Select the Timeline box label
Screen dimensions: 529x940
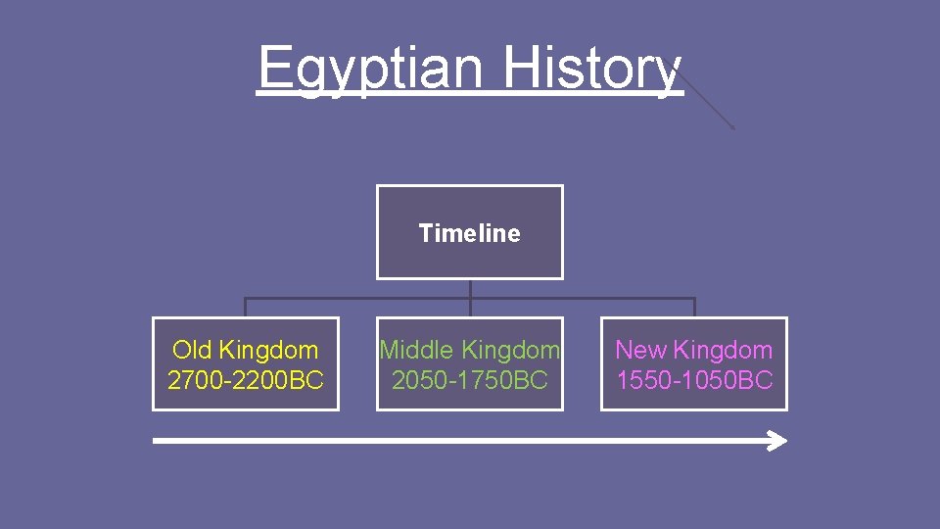[x=470, y=233]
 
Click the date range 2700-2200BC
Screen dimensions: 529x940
[x=246, y=380]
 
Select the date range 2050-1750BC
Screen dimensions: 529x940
[x=470, y=380]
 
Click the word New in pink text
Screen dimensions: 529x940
[x=638, y=350]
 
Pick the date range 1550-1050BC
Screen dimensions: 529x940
[x=694, y=380]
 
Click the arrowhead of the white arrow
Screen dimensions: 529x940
[x=777, y=441]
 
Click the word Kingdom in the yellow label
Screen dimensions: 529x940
[x=269, y=350]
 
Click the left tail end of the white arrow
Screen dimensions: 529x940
[x=157, y=441]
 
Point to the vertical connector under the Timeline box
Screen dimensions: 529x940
[x=470, y=289]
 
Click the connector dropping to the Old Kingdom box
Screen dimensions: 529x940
[x=246, y=308]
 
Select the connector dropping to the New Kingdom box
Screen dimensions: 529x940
[x=694, y=308]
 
